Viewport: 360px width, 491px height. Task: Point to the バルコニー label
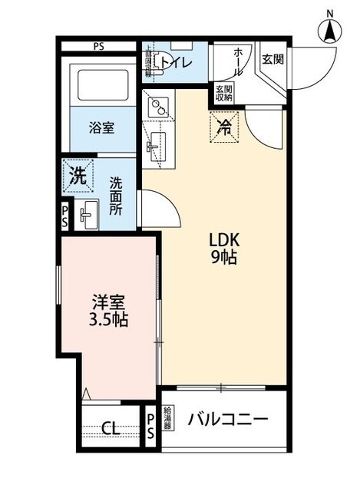[x=228, y=420]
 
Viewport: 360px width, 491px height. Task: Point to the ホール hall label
[x=239, y=61]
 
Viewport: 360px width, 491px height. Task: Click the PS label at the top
[x=99, y=46]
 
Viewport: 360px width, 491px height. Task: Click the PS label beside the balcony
[x=150, y=425]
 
